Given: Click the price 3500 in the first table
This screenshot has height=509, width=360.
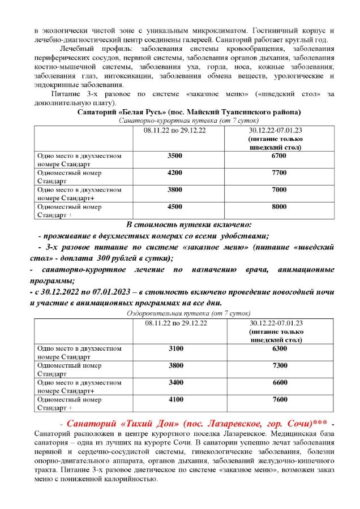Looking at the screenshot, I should coord(175,156).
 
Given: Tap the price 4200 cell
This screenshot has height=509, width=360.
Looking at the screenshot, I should coord(175,172).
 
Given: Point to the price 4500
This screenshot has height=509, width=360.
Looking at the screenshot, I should coord(175,207).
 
